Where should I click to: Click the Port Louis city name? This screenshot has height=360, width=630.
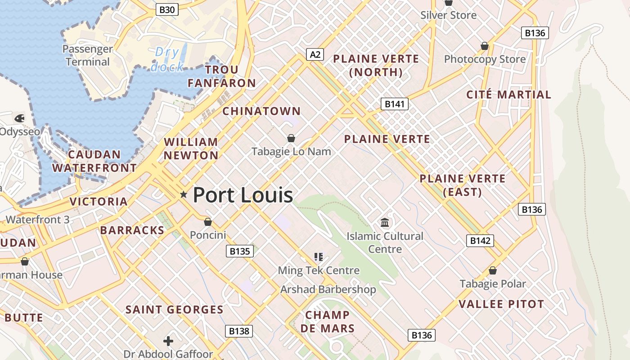[x=243, y=195]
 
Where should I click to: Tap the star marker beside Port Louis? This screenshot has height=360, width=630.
[x=184, y=194]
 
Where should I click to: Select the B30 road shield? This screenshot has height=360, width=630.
[x=167, y=9]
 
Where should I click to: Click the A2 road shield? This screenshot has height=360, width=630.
[x=315, y=54]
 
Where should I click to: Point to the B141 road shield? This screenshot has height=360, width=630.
[x=395, y=104]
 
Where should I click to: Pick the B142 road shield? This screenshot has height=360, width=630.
[x=480, y=241]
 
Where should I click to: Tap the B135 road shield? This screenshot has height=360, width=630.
[x=239, y=251]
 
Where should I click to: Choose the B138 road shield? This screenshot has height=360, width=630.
[x=239, y=331]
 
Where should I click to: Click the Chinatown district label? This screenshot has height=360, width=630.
[x=261, y=111]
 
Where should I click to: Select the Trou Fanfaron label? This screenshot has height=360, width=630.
[x=221, y=76]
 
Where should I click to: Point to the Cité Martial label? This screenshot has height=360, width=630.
[x=508, y=95]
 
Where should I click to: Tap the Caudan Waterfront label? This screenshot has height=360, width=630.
[x=94, y=162]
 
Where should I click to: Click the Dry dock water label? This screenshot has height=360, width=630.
[x=167, y=59]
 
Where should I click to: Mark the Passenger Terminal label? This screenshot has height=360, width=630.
[x=88, y=55]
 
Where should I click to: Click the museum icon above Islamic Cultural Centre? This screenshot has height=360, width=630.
[x=385, y=222]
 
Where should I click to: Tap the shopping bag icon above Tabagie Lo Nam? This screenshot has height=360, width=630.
[x=291, y=138]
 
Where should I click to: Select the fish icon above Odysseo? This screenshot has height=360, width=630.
[x=19, y=118]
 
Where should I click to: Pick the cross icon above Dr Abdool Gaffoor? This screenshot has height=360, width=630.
[x=168, y=341]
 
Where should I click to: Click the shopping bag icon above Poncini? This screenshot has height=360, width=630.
[x=208, y=222]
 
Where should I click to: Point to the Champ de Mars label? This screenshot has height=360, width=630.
[x=327, y=322]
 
